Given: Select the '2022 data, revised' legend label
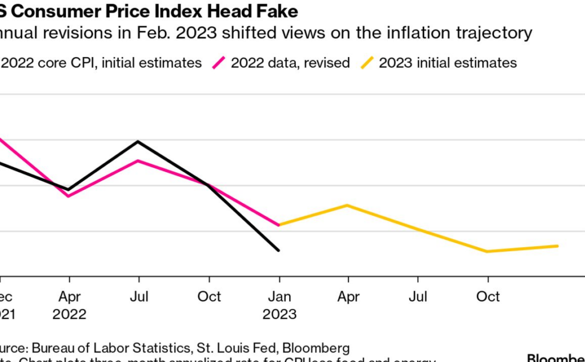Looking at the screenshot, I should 290,62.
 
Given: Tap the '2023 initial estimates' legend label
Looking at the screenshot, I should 448,62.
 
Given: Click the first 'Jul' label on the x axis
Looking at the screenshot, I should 139,297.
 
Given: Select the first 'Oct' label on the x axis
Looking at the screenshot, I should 209,297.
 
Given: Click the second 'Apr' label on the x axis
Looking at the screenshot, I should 348,297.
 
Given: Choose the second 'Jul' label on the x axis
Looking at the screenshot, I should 418,297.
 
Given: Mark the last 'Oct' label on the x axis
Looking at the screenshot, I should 488,297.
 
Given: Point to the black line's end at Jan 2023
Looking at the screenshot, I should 279,250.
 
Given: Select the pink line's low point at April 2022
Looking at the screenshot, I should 69,196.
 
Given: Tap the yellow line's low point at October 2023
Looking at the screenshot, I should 487,251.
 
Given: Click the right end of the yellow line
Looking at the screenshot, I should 558,246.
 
